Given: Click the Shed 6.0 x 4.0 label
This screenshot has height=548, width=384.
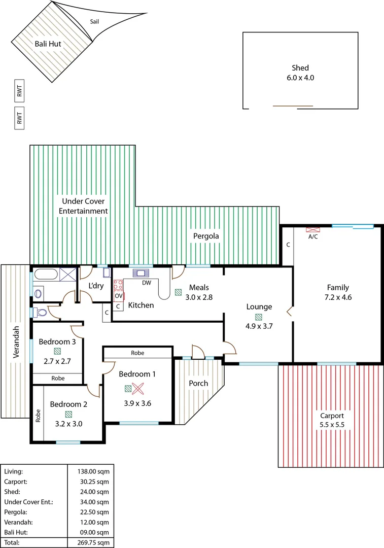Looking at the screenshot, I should tap(300, 73).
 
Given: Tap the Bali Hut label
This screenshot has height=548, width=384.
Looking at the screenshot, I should tap(48, 44).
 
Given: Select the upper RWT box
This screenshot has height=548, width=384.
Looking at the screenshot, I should tap(19, 91).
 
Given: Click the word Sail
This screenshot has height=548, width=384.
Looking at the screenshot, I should tap(94, 22).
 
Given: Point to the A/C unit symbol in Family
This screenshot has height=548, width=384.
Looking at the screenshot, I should tap(312, 229).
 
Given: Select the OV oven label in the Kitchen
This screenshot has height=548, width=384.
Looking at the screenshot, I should tap(118, 296).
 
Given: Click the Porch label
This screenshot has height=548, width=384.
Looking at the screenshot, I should tap(198, 383).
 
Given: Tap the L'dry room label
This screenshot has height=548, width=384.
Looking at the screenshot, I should tap(96, 286).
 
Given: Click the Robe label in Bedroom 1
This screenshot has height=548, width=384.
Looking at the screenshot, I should tap(137, 352).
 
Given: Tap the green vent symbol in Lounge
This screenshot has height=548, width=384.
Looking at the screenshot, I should tap(259, 317).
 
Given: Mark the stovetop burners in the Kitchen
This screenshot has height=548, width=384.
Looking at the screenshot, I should tap(118, 285).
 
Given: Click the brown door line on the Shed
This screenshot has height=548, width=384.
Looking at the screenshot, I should tap(293, 106).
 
